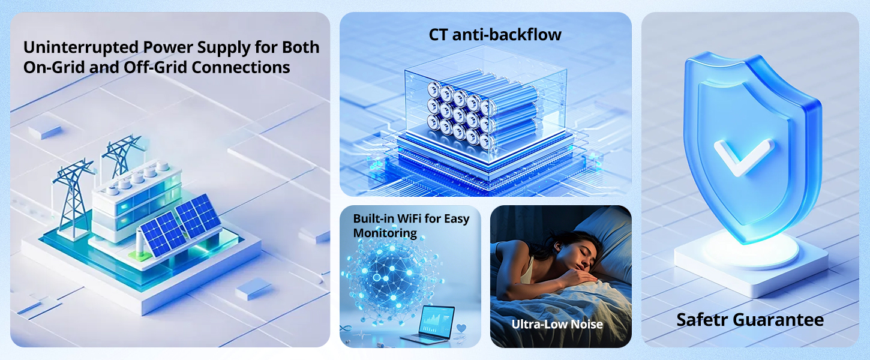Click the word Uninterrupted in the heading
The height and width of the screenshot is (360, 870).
pyautogui.click(x=81, y=48)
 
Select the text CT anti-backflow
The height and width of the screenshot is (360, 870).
pyautogui.click(x=495, y=35)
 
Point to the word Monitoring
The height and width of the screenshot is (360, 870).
pyautogui.click(x=385, y=233)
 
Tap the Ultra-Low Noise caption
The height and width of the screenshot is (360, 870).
pyautogui.click(x=557, y=324)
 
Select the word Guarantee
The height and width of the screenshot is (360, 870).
pyautogui.click(x=778, y=320)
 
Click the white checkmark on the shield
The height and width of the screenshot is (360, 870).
pyautogui.click(x=743, y=157)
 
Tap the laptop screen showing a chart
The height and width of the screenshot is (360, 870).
pyautogui.click(x=438, y=321)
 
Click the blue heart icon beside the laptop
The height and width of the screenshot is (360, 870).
pyautogui.click(x=461, y=328)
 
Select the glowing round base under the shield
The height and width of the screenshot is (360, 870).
pyautogui.click(x=751, y=250)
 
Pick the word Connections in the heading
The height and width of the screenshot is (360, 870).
pyautogui.click(x=241, y=67)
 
